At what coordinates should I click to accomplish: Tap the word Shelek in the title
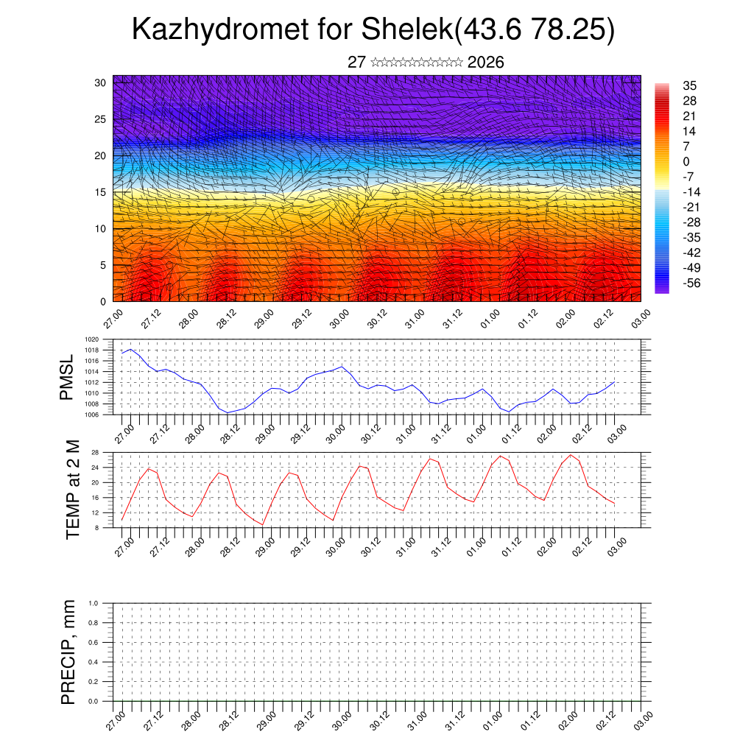(408, 30)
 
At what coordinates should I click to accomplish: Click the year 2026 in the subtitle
(485, 63)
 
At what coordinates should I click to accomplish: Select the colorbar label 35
(690, 85)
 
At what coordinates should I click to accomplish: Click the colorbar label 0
(686, 161)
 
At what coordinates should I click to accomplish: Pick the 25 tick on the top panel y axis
(102, 119)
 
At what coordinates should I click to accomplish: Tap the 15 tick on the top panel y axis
(102, 192)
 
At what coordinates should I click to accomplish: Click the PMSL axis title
(67, 376)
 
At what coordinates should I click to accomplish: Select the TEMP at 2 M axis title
(72, 489)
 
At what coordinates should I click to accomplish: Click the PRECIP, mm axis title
(68, 650)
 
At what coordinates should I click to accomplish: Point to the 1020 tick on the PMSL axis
(91, 339)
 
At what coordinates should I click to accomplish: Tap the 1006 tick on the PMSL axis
(91, 415)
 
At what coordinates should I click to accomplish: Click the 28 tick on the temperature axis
(95, 452)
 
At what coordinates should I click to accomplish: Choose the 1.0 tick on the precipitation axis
(94, 603)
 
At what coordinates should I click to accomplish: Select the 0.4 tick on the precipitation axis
(94, 662)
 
